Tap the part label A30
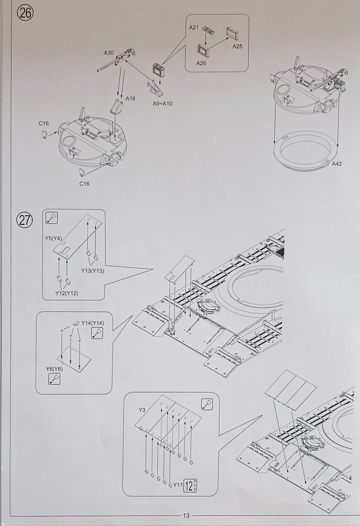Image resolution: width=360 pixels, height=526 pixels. [109, 53]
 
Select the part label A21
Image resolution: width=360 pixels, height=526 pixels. [194, 27]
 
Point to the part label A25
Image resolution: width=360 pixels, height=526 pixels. [237, 47]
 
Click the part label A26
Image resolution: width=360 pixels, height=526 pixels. [201, 63]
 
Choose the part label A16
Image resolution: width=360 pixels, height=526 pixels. [130, 99]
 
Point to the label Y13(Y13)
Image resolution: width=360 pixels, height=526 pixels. [93, 270]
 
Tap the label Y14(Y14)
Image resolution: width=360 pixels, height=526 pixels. [93, 322]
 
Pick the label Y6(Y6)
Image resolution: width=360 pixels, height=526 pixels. [54, 369]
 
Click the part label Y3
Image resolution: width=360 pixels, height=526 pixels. [142, 410]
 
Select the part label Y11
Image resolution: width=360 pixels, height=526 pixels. [177, 485]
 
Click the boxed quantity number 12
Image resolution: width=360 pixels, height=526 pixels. [189, 485]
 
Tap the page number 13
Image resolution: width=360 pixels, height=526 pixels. [186, 516]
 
